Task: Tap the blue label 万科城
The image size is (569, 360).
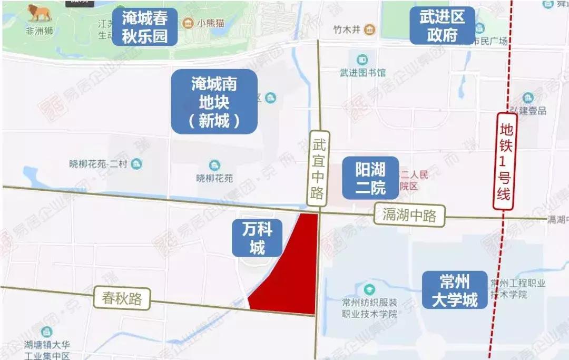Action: (257, 238)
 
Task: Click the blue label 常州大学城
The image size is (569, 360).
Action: (454, 289)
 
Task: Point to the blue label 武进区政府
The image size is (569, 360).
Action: (442, 26)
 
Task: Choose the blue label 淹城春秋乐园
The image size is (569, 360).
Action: (144, 27)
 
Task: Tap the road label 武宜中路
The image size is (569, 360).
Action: (318, 168)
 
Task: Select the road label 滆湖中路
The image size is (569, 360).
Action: (410, 215)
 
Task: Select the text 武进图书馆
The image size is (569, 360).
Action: (363, 72)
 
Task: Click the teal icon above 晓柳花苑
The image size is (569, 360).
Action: (214, 166)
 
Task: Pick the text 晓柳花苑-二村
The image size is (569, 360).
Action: (100, 164)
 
